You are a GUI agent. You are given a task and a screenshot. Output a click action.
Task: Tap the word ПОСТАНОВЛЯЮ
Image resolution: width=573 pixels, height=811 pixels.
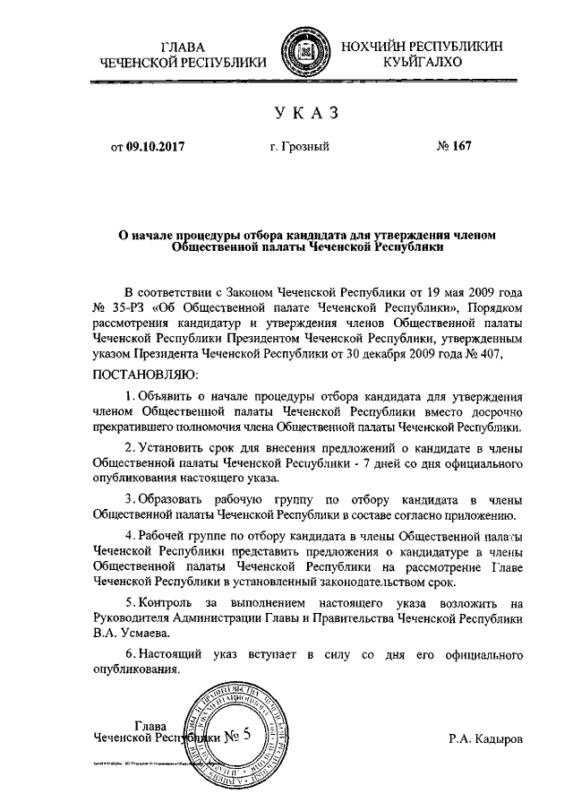[142, 373]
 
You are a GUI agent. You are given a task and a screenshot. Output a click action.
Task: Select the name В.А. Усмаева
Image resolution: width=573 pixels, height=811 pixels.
[133, 632]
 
